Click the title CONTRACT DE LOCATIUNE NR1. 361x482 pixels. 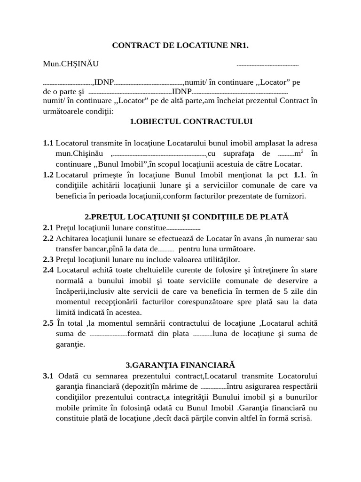coord(180,46)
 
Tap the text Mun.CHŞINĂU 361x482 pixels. coord(71,64)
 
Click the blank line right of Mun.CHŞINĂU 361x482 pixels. coord(267,65)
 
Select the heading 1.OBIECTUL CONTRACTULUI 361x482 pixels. coord(191,121)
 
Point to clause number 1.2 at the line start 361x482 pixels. coord(48,175)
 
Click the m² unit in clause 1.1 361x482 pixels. coord(297,153)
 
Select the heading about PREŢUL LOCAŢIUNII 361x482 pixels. coord(187,217)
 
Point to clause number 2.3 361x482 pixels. coord(48,259)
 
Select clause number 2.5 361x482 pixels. coord(48,323)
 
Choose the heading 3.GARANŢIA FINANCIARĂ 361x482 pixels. coord(180,365)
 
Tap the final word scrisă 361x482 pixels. coord(301,418)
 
